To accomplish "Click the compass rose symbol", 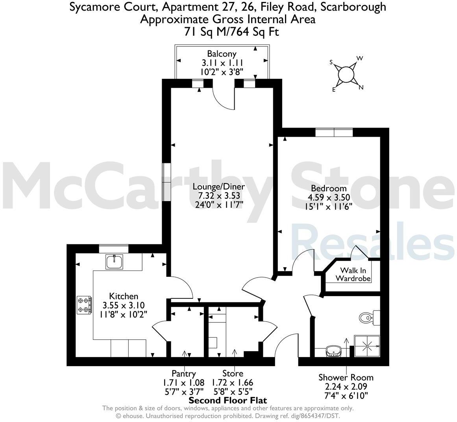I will [x=346, y=74].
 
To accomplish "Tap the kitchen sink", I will [x=114, y=262].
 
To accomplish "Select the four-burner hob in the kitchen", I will [x=84, y=305].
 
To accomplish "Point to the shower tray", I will [x=367, y=346].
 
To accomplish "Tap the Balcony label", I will [x=222, y=54].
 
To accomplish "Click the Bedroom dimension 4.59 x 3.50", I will [x=329, y=197].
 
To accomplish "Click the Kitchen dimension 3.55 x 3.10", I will [x=124, y=305].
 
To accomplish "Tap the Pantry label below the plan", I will [x=183, y=373].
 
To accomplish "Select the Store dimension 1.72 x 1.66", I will [x=233, y=382].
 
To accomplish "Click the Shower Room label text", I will [x=346, y=378].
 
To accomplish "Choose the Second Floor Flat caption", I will [x=228, y=400].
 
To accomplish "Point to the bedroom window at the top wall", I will [x=334, y=133].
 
